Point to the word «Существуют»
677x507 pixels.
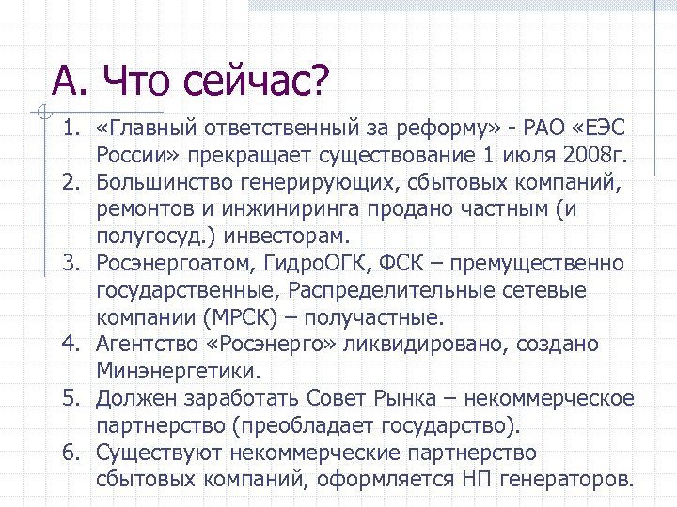click(151, 453)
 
